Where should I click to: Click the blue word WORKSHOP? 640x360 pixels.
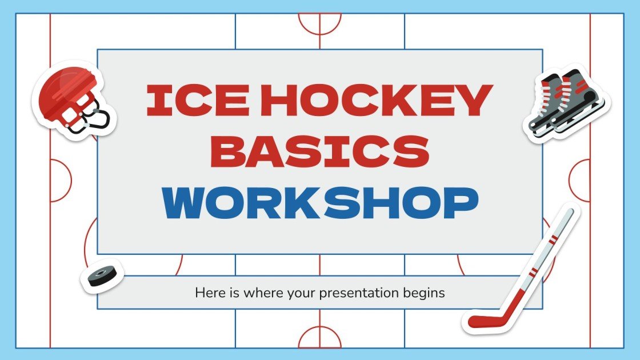click(320, 202)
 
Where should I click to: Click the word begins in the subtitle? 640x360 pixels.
click(423, 294)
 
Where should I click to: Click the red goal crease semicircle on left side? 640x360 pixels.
click(61, 180)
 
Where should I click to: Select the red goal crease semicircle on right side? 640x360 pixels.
click(578, 180)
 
